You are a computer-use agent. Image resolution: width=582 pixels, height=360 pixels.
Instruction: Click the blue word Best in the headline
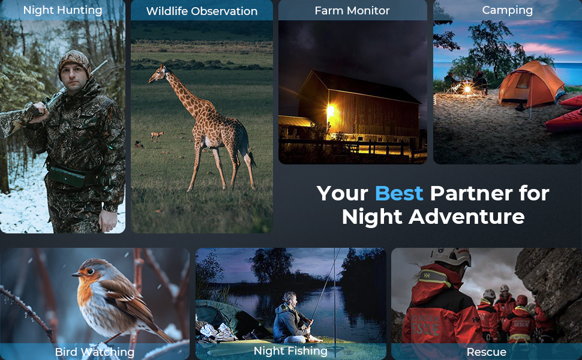399,193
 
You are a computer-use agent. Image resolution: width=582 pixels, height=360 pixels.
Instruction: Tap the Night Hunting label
63,10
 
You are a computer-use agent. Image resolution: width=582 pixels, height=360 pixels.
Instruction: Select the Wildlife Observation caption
202,11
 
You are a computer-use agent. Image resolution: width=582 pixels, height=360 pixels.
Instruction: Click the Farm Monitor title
352,11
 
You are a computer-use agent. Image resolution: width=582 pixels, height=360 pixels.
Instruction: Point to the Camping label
508,10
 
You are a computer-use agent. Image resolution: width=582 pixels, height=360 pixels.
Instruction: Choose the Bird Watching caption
95,352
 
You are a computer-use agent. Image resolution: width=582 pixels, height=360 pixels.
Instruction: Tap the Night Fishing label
290,351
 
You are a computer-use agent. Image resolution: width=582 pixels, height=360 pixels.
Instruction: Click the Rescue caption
486,352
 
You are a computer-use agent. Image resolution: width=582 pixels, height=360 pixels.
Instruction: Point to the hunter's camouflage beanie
74,62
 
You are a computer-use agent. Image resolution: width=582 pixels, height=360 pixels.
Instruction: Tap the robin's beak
76,275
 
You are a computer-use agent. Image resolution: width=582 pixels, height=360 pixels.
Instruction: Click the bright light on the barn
330,110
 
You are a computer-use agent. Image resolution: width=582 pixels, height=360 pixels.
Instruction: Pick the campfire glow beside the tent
467,89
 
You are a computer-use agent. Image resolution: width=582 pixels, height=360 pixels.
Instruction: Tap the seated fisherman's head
289,298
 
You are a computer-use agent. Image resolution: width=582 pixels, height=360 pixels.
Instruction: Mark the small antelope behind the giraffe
157,136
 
